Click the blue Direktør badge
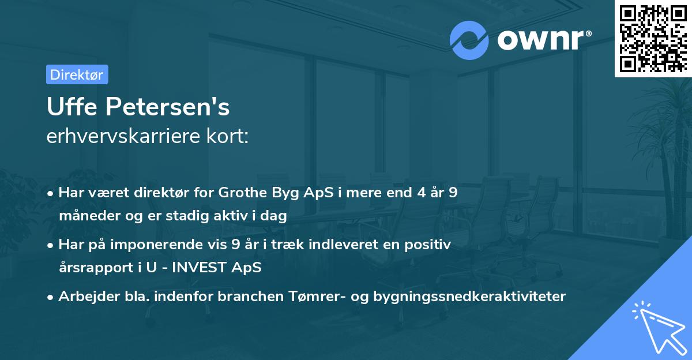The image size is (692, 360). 77,74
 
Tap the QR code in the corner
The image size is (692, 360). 653,39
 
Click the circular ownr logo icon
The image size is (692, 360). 469,40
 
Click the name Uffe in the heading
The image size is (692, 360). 72,106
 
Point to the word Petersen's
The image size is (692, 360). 168,107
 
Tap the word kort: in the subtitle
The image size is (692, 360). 227,136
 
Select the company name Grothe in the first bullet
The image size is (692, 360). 243,192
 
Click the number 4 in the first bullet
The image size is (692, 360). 422,192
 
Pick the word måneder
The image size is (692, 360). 89,215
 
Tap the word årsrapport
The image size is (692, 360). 96,268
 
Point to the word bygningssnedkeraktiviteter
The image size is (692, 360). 469,297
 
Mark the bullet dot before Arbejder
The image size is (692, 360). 50,298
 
